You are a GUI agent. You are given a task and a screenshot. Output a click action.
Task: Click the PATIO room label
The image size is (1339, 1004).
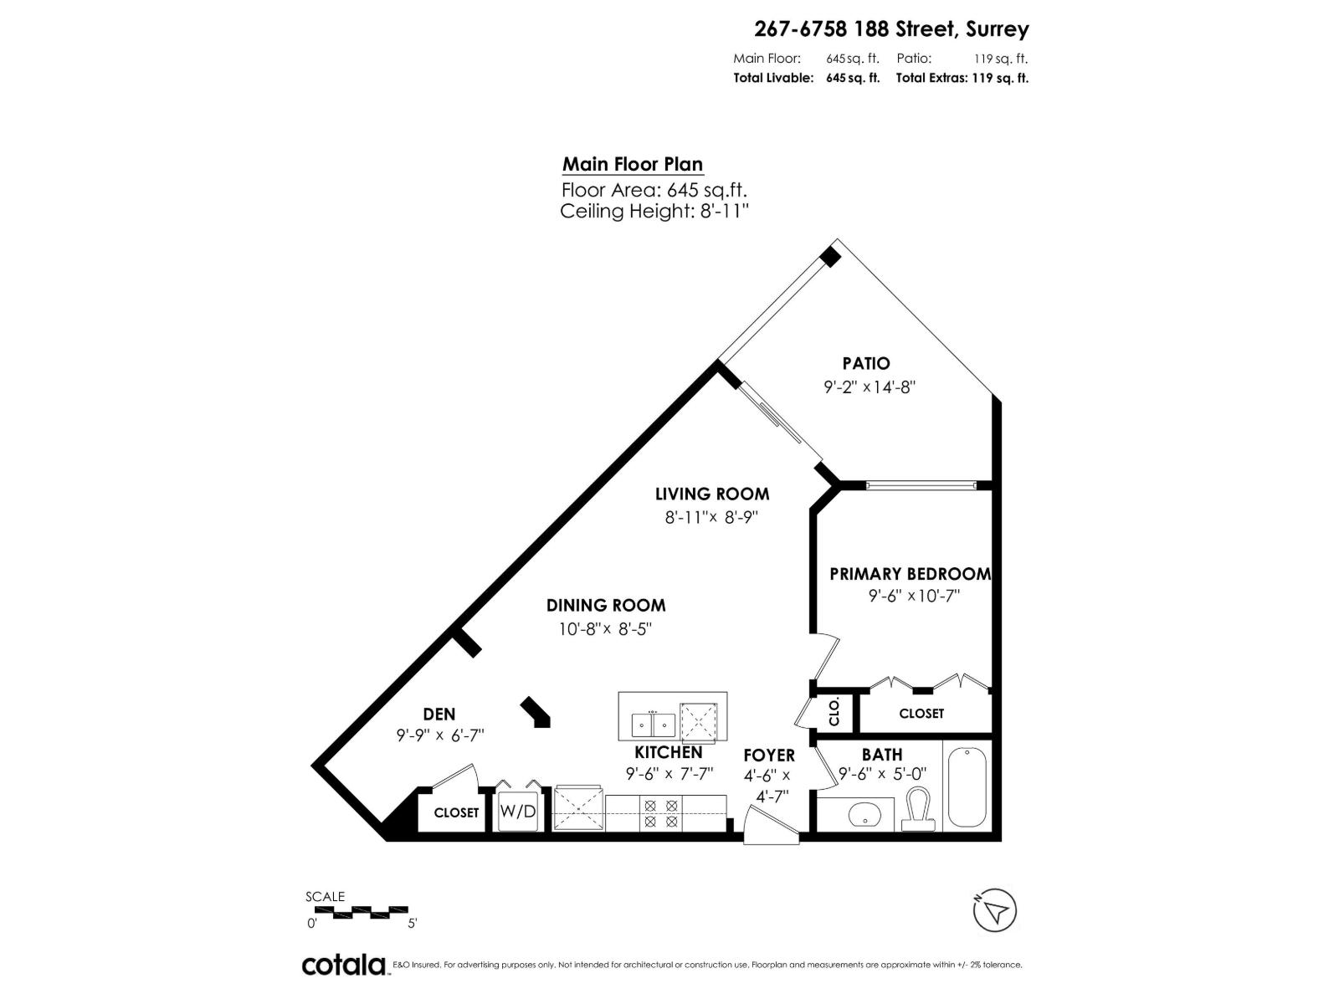[865, 363]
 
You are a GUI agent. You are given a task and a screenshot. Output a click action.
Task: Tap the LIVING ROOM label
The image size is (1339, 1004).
[711, 494]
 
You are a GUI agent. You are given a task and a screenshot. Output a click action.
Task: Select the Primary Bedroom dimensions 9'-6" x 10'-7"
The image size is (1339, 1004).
[913, 596]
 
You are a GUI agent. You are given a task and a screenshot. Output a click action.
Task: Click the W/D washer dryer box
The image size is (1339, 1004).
[517, 811]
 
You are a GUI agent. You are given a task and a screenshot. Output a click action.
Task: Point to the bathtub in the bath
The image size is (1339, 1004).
[967, 787]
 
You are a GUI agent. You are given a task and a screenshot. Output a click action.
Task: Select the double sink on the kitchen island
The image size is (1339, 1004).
[653, 722]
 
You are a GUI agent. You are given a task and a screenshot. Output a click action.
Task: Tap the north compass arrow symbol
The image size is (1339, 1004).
[995, 909]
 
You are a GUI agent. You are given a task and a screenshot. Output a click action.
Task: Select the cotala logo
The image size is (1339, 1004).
[343, 965]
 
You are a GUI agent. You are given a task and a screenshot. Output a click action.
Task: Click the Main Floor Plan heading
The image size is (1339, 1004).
[632, 164]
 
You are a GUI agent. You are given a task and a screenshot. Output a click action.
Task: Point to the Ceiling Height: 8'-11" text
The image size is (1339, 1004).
[653, 211]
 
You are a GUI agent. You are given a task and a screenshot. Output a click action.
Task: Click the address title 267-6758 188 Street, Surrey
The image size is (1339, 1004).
[891, 29]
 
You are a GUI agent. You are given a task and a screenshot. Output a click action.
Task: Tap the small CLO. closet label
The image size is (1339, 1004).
[834, 713]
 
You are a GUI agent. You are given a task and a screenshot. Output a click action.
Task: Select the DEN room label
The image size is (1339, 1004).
[439, 714]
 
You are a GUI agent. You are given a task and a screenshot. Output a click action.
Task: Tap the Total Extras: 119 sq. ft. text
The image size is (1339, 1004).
[962, 78]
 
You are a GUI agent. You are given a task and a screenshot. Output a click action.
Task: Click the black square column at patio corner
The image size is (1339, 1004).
[829, 257]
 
